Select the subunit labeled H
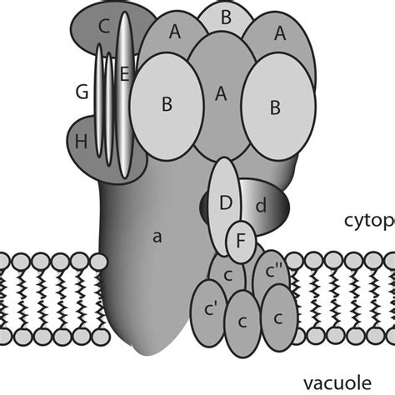pos(81,142)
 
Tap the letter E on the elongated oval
pos(125,73)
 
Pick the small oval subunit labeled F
pos(241,239)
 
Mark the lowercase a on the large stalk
pos(156,237)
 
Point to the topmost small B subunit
pos(225,17)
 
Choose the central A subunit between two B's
pos(221,94)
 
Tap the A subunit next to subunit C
pos(174,33)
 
